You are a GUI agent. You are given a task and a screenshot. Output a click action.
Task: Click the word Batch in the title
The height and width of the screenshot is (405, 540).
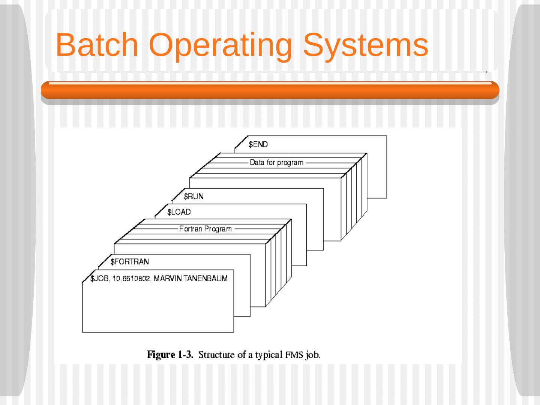[97, 45]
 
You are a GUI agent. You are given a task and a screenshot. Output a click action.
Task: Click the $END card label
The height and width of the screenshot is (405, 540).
[258, 144]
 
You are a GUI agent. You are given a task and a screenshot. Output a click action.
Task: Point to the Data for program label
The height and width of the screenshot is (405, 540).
[277, 162]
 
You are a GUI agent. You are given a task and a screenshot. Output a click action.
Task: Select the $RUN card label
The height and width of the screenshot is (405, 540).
[193, 196]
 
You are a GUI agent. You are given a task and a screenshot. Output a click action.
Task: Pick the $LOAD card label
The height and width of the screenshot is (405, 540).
[179, 212]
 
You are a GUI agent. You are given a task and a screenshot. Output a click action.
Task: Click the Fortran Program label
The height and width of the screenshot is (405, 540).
[205, 229]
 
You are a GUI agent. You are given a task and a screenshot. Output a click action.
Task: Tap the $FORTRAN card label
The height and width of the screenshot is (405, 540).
[129, 261]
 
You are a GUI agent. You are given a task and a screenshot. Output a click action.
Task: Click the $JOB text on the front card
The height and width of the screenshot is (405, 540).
[99, 278]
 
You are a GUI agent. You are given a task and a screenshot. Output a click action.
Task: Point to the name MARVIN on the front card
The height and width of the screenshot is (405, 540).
[168, 278]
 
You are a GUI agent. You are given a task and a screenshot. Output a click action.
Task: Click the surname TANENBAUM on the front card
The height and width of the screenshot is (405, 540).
[205, 278]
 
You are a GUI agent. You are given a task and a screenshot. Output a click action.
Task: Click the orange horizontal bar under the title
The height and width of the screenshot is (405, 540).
[270, 90]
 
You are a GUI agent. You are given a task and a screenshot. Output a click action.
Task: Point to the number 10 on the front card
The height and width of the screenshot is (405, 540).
[116, 279]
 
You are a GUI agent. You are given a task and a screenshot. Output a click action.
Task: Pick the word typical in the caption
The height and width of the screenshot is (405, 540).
[268, 355]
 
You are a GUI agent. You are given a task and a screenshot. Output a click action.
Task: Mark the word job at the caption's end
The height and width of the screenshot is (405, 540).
[313, 355]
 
